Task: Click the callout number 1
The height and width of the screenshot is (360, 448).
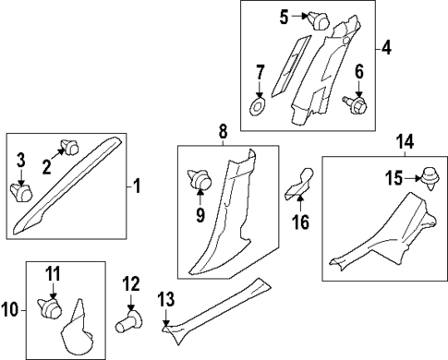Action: point(136,187)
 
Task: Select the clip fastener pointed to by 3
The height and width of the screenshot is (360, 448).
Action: point(20,191)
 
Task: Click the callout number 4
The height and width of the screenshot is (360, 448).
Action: point(386,45)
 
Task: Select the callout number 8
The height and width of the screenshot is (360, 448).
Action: point(222,133)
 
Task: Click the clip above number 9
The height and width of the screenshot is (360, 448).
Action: point(200,177)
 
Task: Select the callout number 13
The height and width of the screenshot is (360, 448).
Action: point(165,299)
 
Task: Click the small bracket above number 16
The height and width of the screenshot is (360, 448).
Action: point(297,185)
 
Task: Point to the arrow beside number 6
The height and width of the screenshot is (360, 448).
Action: point(358,89)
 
